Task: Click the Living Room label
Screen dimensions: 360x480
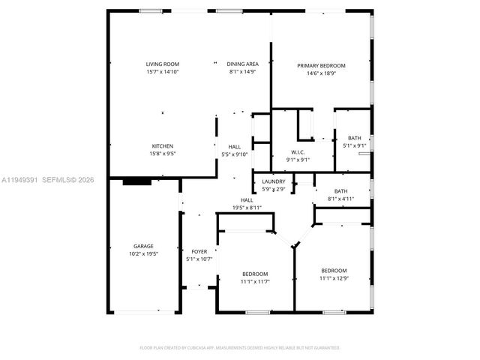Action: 163,64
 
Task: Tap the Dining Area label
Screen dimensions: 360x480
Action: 242,64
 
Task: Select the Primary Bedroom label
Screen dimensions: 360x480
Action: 321,65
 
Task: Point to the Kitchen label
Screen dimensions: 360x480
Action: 163,145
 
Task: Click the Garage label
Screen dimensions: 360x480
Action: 143,246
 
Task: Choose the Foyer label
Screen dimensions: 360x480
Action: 199,251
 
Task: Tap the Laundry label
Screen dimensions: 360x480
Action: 273,181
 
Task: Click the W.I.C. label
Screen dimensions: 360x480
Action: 298,151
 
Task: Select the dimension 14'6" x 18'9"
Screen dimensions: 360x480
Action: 321,73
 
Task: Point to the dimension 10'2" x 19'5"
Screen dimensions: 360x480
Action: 143,254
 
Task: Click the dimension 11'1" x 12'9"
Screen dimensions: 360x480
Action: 334,278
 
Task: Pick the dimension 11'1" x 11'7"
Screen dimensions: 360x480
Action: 255,282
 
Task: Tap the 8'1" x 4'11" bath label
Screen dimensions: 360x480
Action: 340,199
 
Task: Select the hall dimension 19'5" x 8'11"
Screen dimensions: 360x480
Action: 247,208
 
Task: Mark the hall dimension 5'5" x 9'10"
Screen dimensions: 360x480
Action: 234,154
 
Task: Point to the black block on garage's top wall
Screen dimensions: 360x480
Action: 136,181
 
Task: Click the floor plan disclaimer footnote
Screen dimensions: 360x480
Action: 240,348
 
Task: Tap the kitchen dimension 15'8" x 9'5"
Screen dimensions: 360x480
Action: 163,154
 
